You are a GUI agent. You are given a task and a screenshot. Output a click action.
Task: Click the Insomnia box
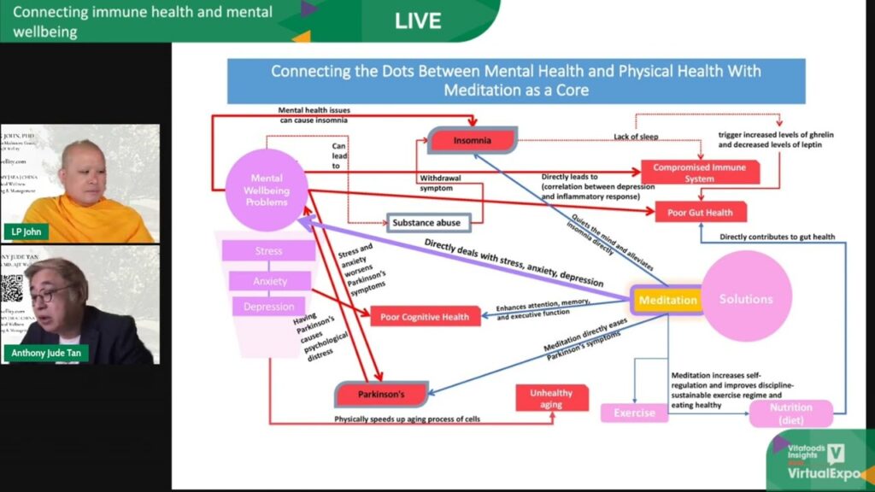[473, 140]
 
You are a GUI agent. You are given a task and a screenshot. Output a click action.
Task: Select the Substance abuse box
[426, 222]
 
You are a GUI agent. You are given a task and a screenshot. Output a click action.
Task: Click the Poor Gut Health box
[695, 212]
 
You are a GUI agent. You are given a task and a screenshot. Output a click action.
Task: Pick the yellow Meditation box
[667, 300]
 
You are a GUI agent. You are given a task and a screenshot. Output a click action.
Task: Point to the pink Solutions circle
[746, 298]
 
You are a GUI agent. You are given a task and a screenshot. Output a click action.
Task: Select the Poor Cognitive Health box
[426, 317]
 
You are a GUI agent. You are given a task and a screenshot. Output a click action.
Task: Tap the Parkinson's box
[380, 395]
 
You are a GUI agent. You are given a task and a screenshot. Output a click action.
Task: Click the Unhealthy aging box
[551, 399]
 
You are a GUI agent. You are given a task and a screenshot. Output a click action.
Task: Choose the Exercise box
[635, 413]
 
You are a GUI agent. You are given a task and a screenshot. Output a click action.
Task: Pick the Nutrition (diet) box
[790, 413]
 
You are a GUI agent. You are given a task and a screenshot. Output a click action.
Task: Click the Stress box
[268, 251]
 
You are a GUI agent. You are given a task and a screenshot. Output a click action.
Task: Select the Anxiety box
[270, 281]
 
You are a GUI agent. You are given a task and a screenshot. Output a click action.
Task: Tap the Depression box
[269, 307]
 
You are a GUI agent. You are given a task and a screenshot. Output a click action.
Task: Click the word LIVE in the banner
[418, 20]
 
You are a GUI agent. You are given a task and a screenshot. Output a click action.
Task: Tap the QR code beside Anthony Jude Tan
[11, 288]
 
